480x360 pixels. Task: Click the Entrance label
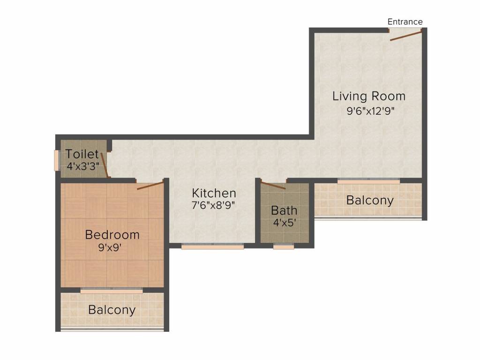(405, 22)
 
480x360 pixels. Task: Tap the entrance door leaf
(405, 35)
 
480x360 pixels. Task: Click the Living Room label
(369, 96)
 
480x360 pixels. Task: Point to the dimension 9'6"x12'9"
(370, 111)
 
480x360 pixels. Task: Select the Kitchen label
(214, 193)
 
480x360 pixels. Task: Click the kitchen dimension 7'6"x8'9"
(213, 205)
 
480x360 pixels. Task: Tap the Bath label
(284, 210)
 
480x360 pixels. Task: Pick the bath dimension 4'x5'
(285, 223)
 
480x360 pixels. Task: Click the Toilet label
(82, 154)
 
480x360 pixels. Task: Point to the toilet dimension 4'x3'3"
(83, 166)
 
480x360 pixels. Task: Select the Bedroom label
(112, 234)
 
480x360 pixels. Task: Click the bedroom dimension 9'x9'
(110, 247)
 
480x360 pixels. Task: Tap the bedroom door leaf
(150, 186)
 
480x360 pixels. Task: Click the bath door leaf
(273, 185)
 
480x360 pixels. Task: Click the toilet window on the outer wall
(56, 160)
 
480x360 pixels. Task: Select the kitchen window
(212, 246)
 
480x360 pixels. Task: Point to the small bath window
(284, 246)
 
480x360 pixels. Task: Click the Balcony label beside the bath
(370, 201)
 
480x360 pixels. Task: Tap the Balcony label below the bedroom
(112, 310)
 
